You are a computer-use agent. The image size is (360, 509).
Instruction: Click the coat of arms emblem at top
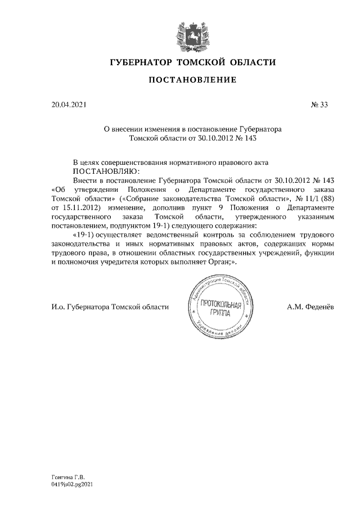coord(188,33)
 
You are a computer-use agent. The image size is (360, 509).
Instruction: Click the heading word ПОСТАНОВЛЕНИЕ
coord(192,80)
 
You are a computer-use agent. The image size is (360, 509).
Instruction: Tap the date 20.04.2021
coord(68,104)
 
